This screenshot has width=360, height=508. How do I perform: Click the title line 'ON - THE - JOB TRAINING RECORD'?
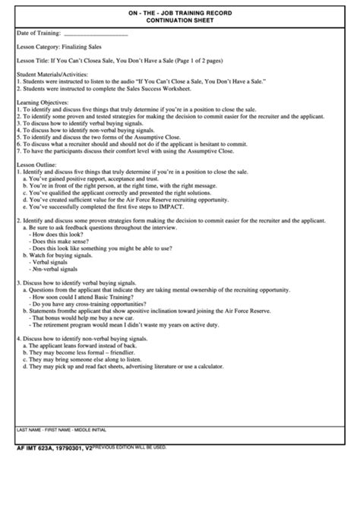pyautogui.click(x=180, y=14)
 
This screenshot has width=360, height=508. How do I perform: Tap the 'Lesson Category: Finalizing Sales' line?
pyautogui.click(x=62, y=48)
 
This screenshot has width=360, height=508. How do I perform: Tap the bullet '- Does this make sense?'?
pyautogui.click(x=61, y=242)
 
